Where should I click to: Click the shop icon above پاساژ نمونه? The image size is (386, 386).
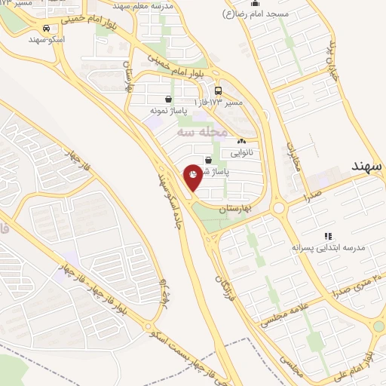[168, 99]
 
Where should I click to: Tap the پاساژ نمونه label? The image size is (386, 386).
[168, 110]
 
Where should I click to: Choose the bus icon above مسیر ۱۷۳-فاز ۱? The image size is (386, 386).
[218, 90]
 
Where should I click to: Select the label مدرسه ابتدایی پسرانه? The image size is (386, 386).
[329, 247]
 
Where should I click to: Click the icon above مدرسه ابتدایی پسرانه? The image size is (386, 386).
[328, 236]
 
